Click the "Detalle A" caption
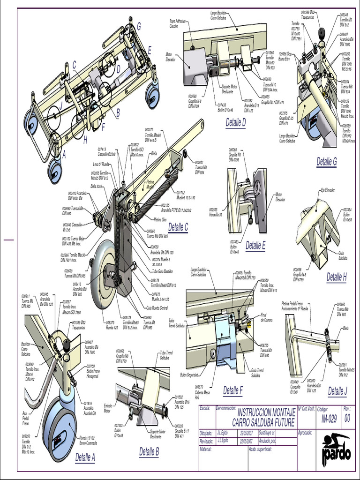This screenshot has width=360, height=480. click(85, 457)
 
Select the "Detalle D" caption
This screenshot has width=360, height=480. click(235, 123)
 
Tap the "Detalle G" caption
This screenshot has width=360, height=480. click(327, 162)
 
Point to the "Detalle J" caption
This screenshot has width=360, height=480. click(337, 391)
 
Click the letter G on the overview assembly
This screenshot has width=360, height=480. click(139, 26)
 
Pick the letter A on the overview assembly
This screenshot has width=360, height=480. click(64, 153)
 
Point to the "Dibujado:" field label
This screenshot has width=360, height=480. click(206, 433)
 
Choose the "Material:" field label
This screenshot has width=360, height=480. click(206, 449)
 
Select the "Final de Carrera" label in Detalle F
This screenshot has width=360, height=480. click(266, 317)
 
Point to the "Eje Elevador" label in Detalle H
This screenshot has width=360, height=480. click(328, 190)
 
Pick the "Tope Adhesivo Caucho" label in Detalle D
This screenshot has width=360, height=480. click(178, 23)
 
